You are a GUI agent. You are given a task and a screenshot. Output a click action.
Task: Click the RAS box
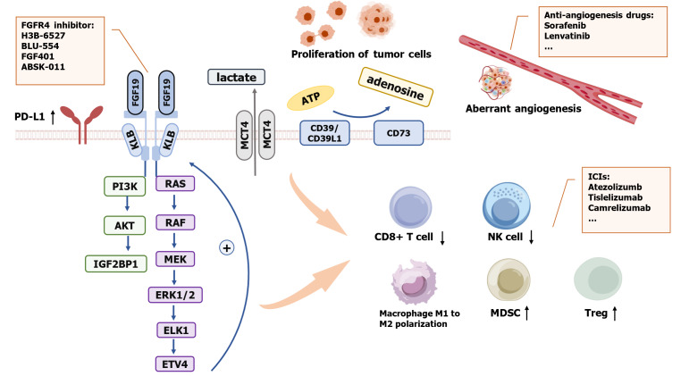tap(175, 183)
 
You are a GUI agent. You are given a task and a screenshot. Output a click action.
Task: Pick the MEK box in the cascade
tap(175, 257)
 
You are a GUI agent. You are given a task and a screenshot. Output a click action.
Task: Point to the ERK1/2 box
tap(175, 294)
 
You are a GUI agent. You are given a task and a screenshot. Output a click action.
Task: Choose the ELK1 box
tap(175, 329)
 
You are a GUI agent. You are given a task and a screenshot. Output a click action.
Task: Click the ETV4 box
tap(175, 363)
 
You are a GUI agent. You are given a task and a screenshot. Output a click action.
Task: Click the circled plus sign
tap(228, 248)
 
